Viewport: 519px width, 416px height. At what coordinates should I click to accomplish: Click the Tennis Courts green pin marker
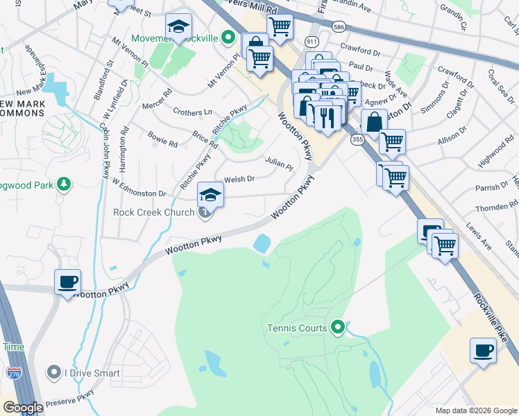[338, 327]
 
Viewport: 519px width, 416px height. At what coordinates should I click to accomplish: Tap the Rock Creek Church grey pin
[205, 212]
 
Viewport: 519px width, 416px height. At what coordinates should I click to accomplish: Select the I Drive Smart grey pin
[54, 373]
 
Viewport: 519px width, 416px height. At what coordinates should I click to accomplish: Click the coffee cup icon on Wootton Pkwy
[67, 282]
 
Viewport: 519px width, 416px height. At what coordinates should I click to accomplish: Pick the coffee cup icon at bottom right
[483, 351]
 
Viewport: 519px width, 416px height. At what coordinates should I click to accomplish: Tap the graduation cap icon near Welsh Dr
[211, 194]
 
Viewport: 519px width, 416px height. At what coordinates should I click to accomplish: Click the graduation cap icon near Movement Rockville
[178, 27]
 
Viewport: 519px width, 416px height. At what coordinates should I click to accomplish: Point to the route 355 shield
[357, 140]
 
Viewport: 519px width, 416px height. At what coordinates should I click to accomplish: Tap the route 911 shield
[312, 42]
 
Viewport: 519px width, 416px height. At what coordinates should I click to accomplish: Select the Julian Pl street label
[279, 164]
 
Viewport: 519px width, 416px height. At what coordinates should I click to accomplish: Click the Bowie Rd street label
[163, 139]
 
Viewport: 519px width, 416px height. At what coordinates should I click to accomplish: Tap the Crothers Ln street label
[193, 112]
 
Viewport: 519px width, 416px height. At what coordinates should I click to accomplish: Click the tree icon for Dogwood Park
[63, 184]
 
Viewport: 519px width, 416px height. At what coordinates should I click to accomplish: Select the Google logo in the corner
[23, 408]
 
